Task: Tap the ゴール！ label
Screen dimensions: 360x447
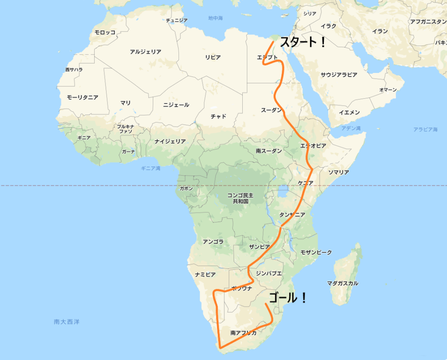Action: (x=288, y=298)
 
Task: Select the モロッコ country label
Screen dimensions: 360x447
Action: (x=105, y=32)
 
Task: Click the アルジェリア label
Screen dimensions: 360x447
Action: (x=145, y=52)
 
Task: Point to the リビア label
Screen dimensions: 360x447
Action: (x=213, y=57)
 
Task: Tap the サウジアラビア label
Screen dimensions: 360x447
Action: (x=339, y=75)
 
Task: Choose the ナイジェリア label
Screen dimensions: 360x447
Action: (x=170, y=141)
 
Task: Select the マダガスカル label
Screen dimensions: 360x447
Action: (x=343, y=283)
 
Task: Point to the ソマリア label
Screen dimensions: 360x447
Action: (x=338, y=172)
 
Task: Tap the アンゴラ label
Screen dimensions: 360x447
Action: (x=213, y=242)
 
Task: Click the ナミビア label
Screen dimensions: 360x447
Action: (x=205, y=274)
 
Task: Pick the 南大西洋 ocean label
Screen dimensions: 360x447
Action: (x=67, y=322)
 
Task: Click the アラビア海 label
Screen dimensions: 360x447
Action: (x=425, y=129)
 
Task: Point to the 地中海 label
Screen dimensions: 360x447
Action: (x=216, y=18)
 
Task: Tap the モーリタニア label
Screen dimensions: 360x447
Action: (x=83, y=97)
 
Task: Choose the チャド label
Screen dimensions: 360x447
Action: (x=218, y=116)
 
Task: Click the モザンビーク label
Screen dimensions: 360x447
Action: (x=316, y=253)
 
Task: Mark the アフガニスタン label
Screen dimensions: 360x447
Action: (x=428, y=21)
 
